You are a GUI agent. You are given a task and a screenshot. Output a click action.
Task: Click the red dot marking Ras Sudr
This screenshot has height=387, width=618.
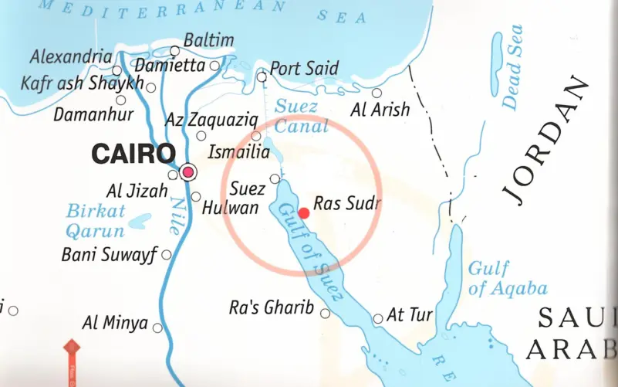point(304,212)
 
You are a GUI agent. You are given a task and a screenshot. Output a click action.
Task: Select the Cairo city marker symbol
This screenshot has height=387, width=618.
point(187,171)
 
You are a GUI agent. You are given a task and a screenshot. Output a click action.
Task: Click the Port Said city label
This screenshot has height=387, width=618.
point(304,69)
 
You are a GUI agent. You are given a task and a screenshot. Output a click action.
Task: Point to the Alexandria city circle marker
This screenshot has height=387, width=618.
point(117,71)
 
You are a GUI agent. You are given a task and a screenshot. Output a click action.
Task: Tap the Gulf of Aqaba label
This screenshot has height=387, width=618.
point(507,279)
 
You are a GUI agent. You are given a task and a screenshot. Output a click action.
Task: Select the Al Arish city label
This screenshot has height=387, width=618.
point(380,110)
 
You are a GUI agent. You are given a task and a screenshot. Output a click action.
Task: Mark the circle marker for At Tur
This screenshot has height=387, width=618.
point(378,318)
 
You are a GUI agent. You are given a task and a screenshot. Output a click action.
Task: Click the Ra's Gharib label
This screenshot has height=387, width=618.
point(272,307)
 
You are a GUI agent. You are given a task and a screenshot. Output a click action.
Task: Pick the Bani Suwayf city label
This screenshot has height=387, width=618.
point(109,254)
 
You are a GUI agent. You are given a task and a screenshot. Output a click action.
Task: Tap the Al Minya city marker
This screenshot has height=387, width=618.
point(157,328)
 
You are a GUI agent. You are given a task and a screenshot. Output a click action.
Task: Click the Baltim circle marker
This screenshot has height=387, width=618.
point(175,51)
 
